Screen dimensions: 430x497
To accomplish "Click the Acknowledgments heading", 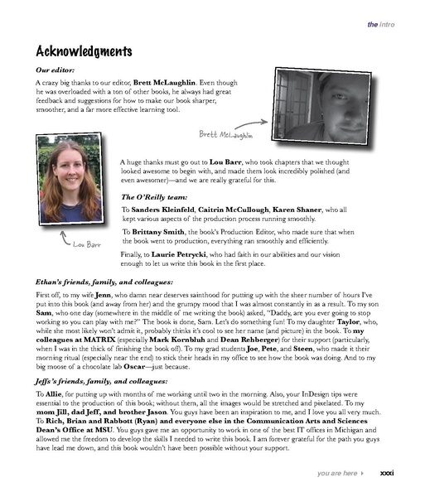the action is click(84, 51).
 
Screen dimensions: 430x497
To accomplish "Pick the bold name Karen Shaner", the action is click(313, 212).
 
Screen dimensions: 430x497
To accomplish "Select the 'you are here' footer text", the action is click(336, 473).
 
